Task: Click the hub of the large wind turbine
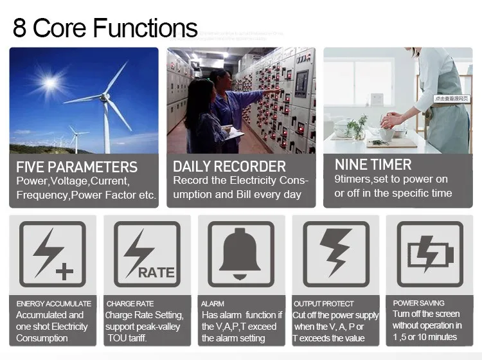tap(105, 96)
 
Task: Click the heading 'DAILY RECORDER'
tap(229, 167)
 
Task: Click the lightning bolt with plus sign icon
tap(52, 254)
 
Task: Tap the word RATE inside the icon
tap(157, 273)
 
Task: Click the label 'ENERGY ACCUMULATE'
tap(54, 303)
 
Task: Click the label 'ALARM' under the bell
tap(213, 303)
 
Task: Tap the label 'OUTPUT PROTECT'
tap(324, 303)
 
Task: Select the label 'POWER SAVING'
tap(418, 303)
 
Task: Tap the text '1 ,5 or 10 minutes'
tap(425, 337)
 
